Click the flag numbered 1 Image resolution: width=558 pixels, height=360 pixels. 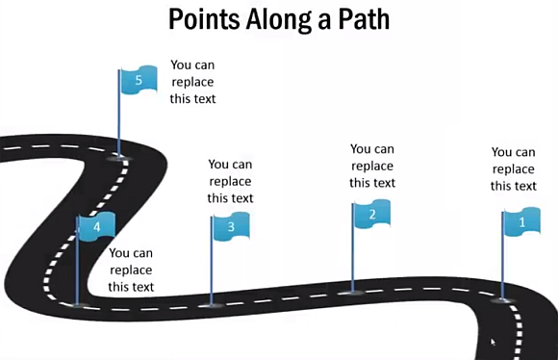[521, 222]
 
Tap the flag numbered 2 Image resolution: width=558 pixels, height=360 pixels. [371, 214]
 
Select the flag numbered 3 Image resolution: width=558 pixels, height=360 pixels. [231, 226]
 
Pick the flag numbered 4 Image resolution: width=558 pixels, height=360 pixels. [96, 227]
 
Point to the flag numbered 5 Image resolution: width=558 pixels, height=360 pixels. [139, 82]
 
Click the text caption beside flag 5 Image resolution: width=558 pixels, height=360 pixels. [193, 82]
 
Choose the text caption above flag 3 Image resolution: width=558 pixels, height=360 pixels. [231, 181]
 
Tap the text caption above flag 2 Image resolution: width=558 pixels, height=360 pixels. [372, 166]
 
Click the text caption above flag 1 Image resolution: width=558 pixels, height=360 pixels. [514, 168]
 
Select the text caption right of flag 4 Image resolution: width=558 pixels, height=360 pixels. [131, 270]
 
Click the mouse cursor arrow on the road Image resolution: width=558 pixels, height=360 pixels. [494, 342]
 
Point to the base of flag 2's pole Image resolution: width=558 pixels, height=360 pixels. [353, 291]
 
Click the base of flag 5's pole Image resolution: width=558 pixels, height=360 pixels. [120, 155]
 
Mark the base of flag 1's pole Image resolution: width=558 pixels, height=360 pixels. [502, 299]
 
